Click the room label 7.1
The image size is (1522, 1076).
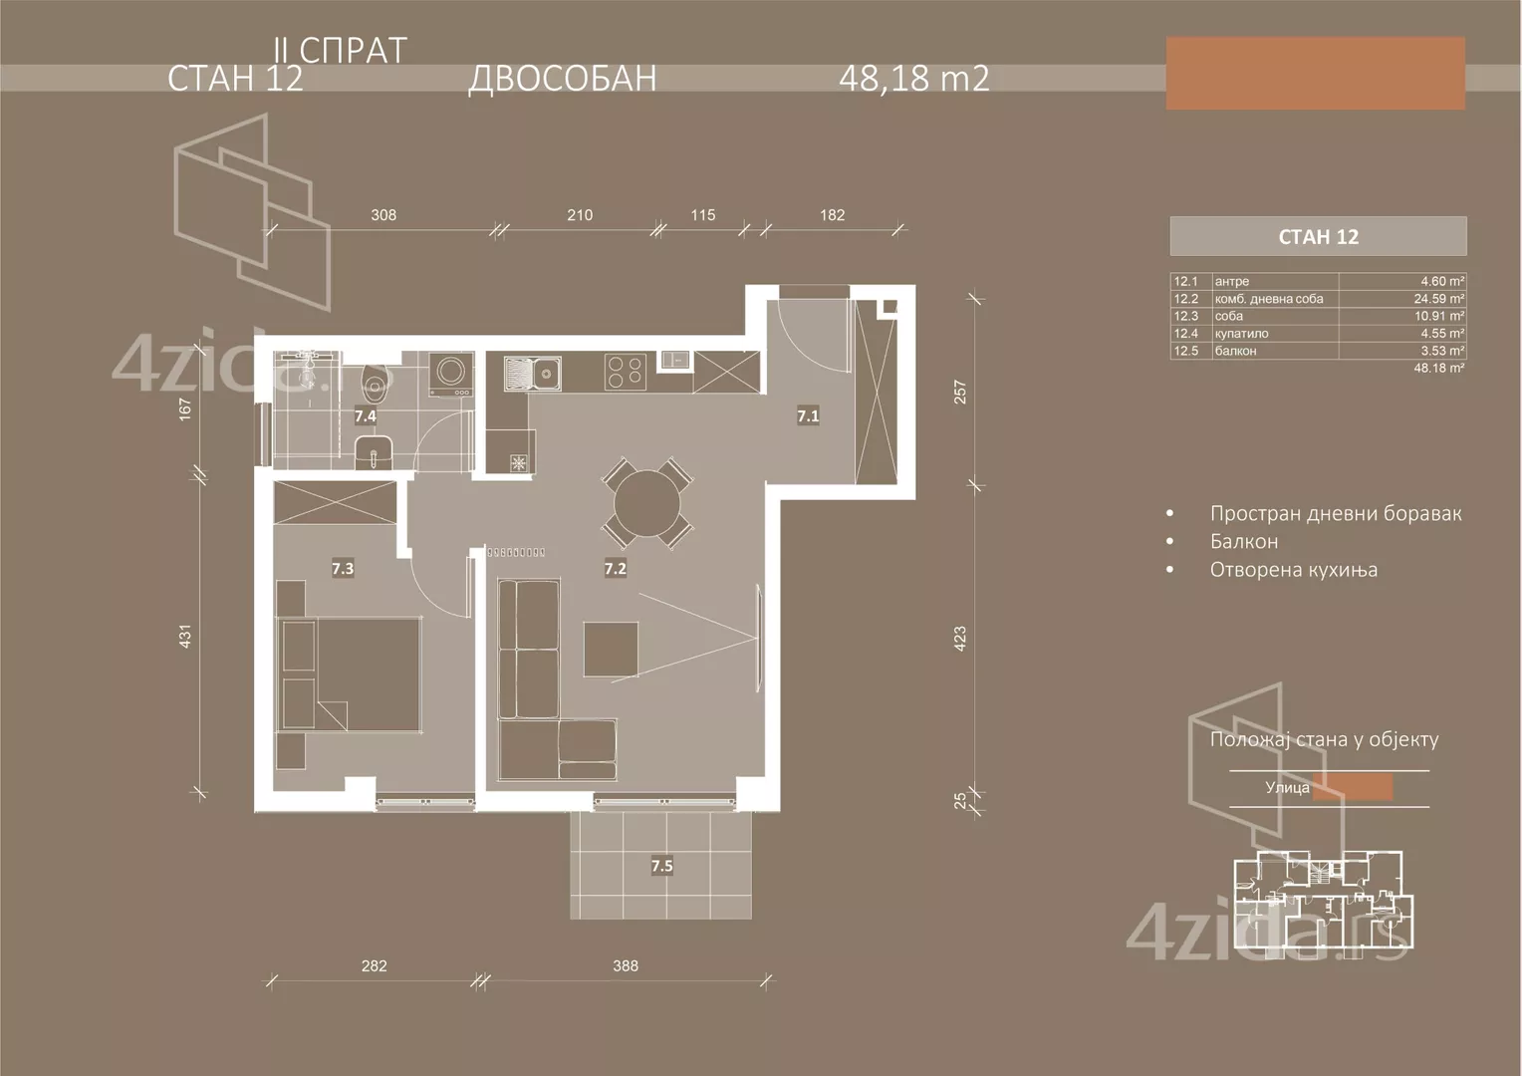[x=808, y=416]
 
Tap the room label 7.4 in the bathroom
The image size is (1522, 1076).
[x=366, y=416]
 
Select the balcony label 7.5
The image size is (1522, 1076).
[x=662, y=866]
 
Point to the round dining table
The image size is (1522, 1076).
[x=646, y=503]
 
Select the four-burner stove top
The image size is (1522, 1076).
[x=626, y=372]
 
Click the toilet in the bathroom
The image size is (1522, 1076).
[x=375, y=381]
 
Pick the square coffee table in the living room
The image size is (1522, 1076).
[x=612, y=649]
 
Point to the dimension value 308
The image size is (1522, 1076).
[x=383, y=215]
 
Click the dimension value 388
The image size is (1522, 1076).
[x=626, y=965]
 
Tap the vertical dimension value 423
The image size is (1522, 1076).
[x=960, y=639]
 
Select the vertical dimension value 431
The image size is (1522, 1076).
[x=184, y=636]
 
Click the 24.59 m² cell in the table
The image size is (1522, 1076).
[x=1442, y=299]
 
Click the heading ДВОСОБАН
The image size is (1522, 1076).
[x=563, y=79]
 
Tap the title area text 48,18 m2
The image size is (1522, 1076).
[x=914, y=79]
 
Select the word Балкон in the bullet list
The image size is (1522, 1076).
[x=1244, y=542]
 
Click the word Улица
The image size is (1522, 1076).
[x=1287, y=788]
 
